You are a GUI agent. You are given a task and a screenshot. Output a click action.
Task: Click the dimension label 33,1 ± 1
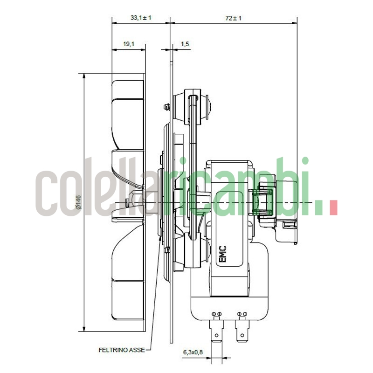click(x=141, y=18)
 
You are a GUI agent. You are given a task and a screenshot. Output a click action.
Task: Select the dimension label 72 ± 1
click(x=233, y=18)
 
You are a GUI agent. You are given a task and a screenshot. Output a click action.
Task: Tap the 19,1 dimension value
click(x=129, y=44)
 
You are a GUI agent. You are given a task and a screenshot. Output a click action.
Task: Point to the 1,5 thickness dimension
click(x=185, y=44)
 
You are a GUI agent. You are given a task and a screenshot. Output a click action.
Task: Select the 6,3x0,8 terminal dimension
click(x=193, y=352)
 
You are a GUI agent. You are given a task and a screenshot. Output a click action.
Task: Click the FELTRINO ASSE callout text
click(x=122, y=349)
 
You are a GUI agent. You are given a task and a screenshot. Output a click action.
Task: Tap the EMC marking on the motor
click(x=222, y=255)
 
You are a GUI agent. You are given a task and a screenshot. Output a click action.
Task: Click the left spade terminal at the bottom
click(x=217, y=332)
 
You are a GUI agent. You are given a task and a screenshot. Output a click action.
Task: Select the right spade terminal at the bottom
click(x=242, y=332)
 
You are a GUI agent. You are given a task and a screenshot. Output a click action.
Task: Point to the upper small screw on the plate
click(x=166, y=107)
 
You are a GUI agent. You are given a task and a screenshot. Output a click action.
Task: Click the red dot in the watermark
click(x=333, y=207)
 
